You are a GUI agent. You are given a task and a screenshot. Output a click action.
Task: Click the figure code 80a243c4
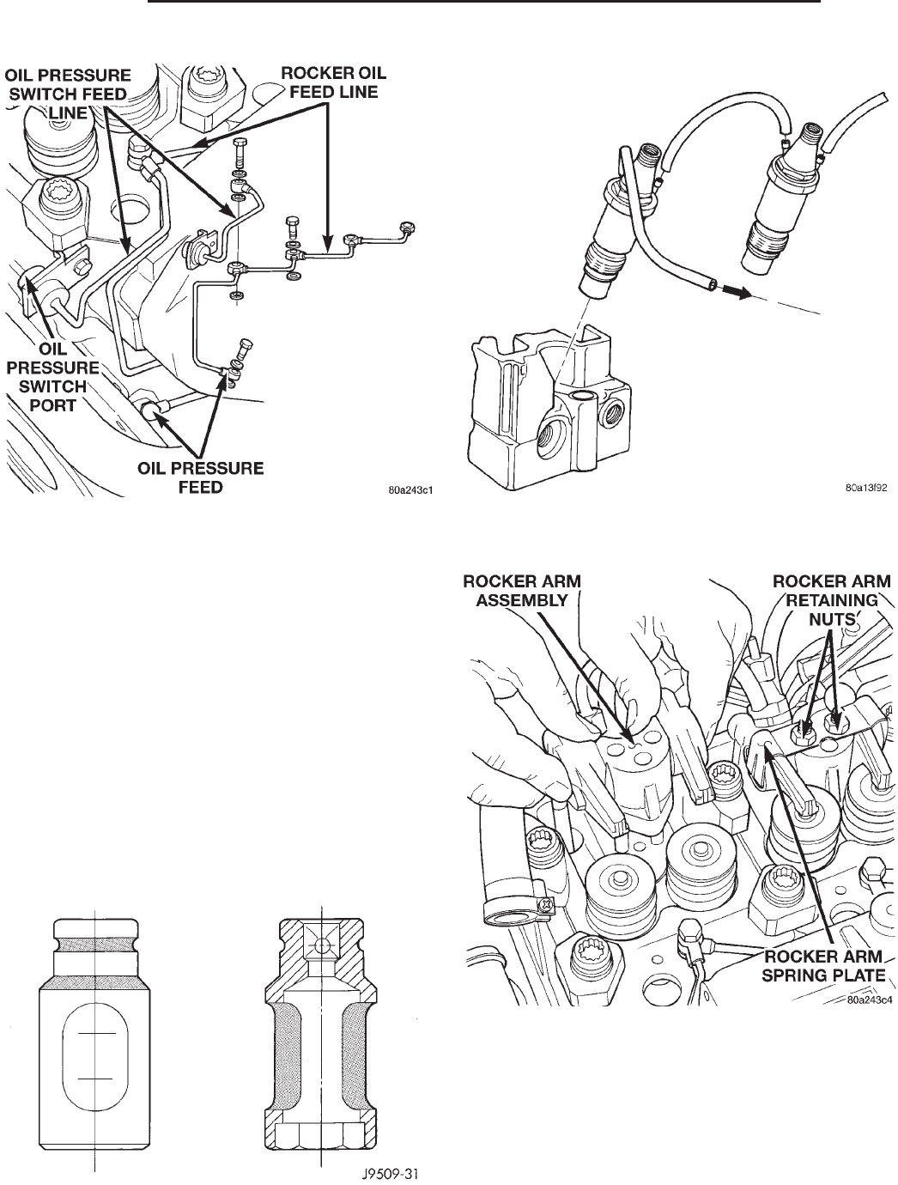[865, 1000]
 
